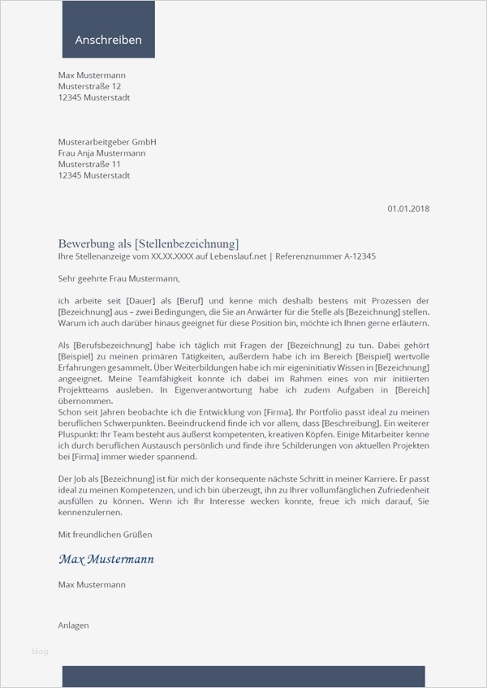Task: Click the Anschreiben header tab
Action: [x=108, y=40]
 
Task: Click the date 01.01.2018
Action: [x=408, y=209]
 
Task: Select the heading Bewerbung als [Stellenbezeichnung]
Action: [x=149, y=243]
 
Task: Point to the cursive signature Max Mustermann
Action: [x=106, y=559]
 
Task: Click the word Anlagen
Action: [x=74, y=626]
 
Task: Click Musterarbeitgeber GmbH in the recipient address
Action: [x=107, y=142]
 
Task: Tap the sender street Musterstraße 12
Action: [x=90, y=87]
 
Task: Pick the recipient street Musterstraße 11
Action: [x=89, y=164]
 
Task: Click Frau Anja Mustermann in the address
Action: [x=102, y=153]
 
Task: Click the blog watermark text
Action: [x=40, y=651]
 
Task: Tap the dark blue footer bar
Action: [x=243, y=677]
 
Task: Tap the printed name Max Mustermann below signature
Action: [x=92, y=584]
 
